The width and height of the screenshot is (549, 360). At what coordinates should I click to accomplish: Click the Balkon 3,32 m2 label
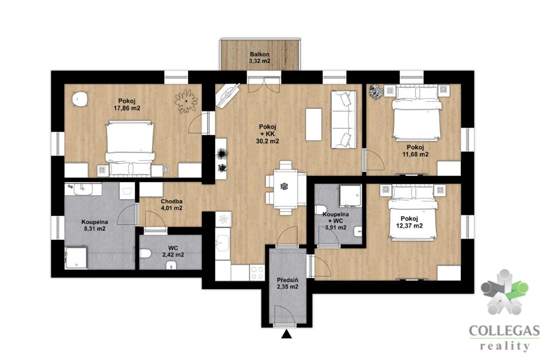(260, 57)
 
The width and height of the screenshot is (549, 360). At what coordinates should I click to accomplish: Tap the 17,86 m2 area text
(127, 108)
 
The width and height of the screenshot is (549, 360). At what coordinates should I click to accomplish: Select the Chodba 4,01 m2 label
(172, 205)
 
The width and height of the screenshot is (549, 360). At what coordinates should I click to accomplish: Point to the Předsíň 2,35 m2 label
(287, 283)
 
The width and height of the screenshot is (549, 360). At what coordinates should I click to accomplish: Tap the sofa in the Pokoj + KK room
(344, 120)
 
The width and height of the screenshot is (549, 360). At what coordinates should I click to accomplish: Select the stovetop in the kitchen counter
(257, 272)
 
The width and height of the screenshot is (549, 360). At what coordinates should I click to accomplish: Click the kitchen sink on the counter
(222, 243)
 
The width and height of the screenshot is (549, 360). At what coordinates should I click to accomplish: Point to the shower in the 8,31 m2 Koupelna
(76, 258)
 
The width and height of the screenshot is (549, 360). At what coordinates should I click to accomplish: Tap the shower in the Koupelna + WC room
(350, 196)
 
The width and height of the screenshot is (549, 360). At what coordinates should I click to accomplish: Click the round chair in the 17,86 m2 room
(80, 98)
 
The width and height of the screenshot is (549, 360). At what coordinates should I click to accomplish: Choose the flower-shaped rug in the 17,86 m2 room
(186, 101)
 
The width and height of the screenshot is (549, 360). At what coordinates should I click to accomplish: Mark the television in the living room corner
(228, 94)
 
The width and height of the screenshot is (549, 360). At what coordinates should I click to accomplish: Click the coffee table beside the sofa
(314, 124)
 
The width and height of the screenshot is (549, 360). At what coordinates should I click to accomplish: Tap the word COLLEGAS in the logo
(504, 331)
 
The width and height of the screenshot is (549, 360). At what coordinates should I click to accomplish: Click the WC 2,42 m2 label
(173, 252)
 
